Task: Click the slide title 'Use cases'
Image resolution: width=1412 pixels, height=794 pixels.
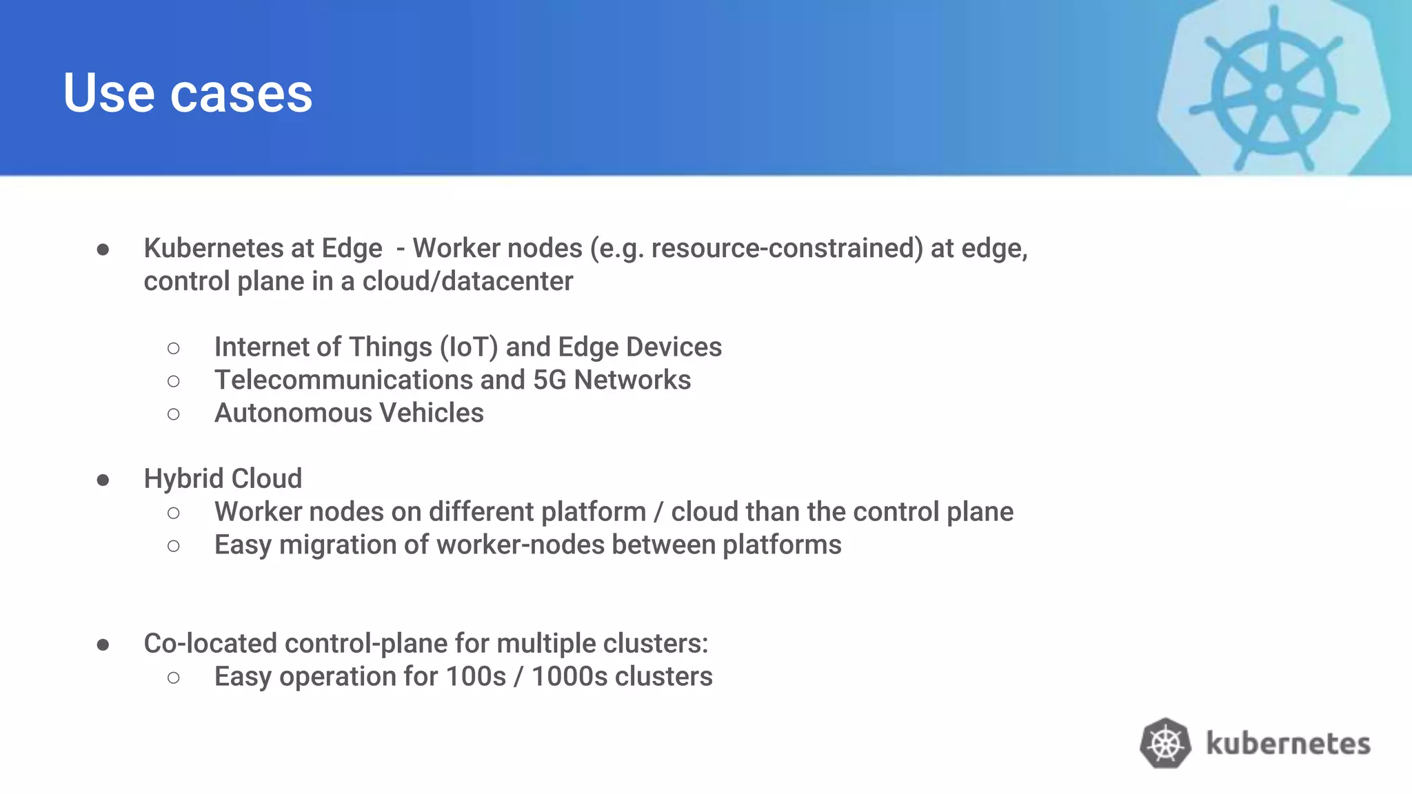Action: point(188,93)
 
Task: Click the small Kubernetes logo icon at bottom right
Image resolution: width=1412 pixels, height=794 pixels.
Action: point(1165,743)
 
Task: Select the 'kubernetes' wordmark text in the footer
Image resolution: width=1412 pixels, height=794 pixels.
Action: point(1288,744)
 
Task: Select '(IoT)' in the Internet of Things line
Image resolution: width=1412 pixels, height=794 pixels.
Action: point(469,347)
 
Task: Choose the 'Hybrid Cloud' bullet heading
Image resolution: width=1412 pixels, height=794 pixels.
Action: point(223,478)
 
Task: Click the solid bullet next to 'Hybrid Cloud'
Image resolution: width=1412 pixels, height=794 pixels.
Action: point(103,480)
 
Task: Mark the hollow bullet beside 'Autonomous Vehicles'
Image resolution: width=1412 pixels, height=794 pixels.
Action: point(174,414)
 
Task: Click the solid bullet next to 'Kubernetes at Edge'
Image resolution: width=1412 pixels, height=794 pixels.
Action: point(103,250)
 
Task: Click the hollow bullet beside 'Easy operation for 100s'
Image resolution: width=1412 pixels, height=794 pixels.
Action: point(174,678)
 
